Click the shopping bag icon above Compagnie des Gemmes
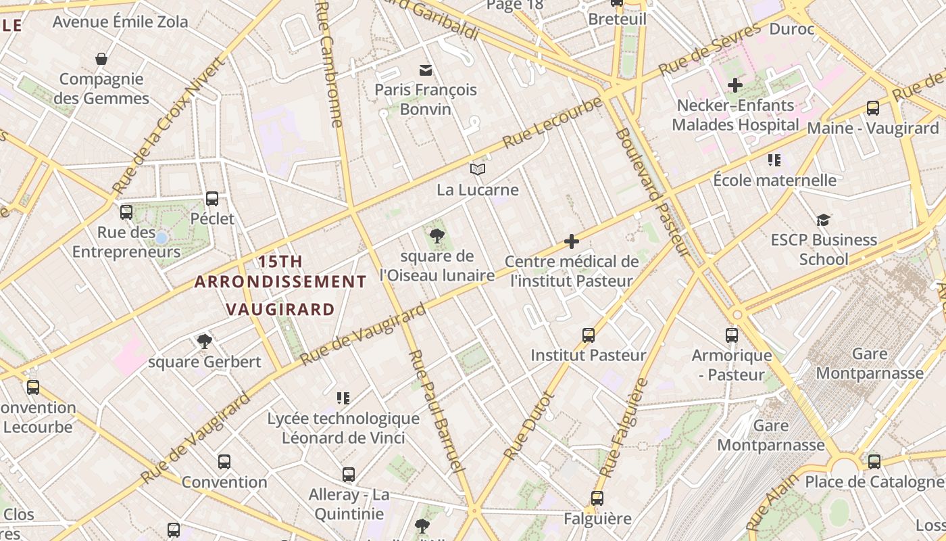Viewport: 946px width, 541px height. point(101,60)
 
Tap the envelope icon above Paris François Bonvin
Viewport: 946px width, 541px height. point(426,70)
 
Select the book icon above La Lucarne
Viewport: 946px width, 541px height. point(478,169)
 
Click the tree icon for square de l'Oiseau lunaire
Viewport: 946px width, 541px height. point(437,236)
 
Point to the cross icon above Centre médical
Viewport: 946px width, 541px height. point(572,241)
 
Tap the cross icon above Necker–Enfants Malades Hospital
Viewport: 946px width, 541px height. point(735,85)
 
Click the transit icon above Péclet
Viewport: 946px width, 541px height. point(212,199)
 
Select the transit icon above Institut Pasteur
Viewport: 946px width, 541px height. point(589,335)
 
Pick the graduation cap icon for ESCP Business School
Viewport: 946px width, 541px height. point(823,220)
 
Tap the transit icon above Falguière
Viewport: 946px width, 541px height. point(597,498)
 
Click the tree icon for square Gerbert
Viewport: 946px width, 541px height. point(205,342)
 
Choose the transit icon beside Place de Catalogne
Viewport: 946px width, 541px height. point(874,462)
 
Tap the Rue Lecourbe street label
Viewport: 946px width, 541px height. point(553,124)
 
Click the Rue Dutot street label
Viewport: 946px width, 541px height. point(528,427)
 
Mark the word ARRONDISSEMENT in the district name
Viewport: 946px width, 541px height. point(280,281)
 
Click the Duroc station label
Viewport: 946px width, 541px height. point(792,29)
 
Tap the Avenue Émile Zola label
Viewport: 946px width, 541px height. point(120,22)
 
